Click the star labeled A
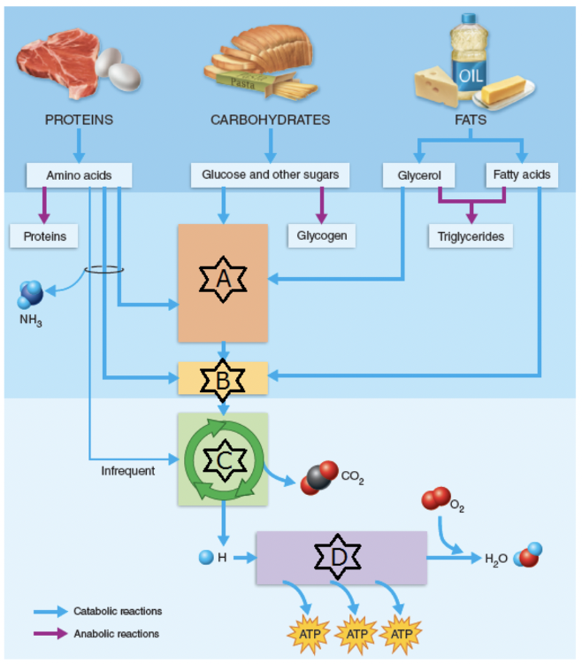point(222,280)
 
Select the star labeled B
point(222,378)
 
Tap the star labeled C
point(223,459)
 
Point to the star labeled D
point(339,557)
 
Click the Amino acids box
point(80,175)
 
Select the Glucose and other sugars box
point(270,174)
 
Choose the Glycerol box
point(413,175)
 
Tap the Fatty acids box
point(522,174)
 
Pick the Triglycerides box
point(470,236)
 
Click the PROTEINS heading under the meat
point(79,120)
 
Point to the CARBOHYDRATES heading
point(270,120)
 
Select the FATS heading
point(471,120)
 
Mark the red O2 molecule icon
point(435,500)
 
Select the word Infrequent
point(127,471)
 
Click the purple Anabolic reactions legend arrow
point(50,633)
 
